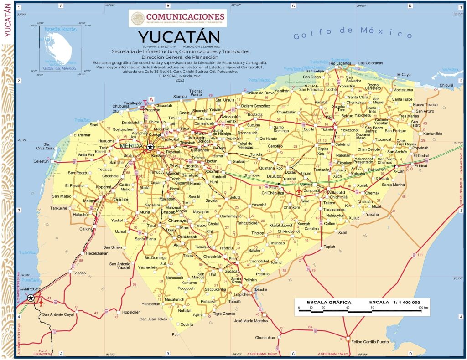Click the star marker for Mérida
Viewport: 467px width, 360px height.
pos(150,147)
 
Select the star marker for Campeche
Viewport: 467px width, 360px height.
pos(31,298)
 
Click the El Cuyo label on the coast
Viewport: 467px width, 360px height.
pos(404,74)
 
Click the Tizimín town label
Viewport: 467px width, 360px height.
pos(327,129)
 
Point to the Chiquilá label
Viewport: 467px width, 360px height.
pos(446,85)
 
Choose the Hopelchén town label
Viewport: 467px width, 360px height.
pos(129,312)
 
